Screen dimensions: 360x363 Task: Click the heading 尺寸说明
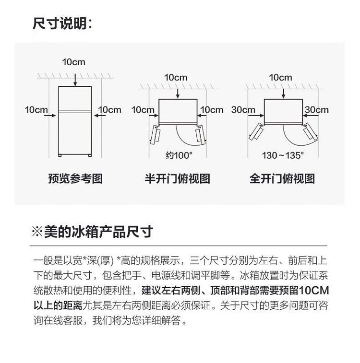tap(62, 23)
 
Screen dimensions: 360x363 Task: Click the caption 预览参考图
tap(75, 179)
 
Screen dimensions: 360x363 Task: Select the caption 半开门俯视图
tap(177, 179)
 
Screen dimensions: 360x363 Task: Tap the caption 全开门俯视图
tap(282, 179)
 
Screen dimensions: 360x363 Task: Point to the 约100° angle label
tap(179, 155)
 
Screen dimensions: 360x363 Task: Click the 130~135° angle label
tap(283, 155)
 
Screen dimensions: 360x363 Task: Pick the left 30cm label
tap(243, 110)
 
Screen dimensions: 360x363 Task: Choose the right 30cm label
tap(316, 110)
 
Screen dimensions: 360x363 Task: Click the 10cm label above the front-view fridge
tap(73, 62)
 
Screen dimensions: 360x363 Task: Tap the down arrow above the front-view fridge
tap(75, 80)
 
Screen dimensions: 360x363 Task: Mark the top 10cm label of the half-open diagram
tap(176, 77)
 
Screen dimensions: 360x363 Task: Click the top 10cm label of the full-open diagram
tap(280, 77)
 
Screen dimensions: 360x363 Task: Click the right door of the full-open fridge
tap(311, 131)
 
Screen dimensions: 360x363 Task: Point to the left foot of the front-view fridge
tap(60, 155)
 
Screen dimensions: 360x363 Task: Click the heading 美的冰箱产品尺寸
tap(98, 232)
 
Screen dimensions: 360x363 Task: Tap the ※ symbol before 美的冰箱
tap(37, 232)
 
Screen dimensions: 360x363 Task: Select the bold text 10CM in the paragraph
tap(314, 291)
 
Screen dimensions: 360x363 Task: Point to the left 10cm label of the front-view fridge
tap(36, 110)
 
